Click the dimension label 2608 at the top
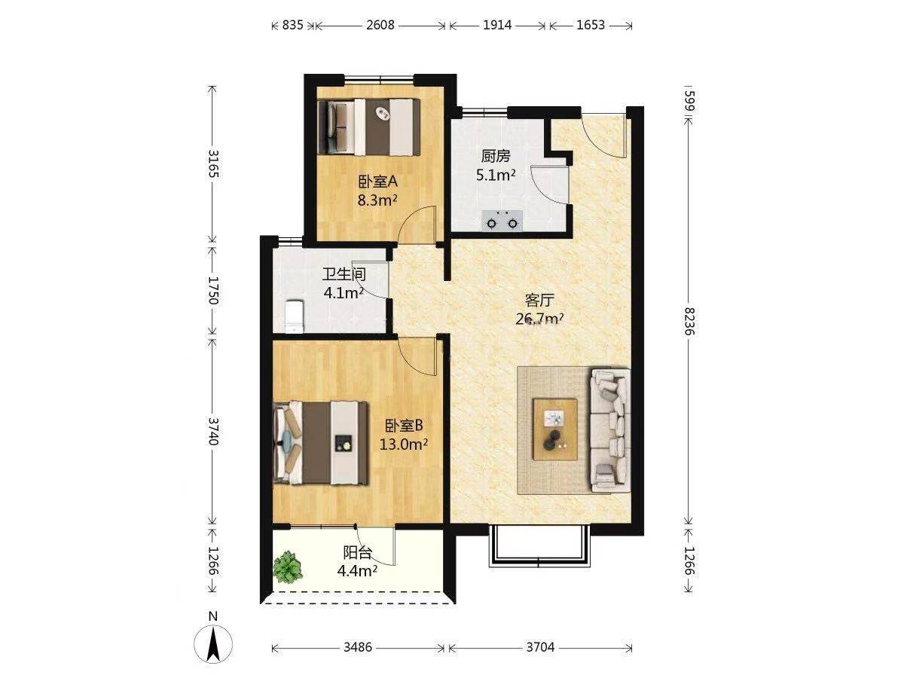click(x=380, y=26)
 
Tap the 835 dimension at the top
click(x=292, y=26)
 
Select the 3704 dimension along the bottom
click(x=540, y=648)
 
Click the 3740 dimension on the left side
click(x=212, y=432)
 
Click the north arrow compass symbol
click(x=213, y=644)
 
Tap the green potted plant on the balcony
click(x=288, y=568)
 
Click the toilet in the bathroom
click(x=295, y=316)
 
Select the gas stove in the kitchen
click(x=502, y=220)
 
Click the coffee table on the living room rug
click(x=554, y=429)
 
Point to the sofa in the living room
click(x=610, y=431)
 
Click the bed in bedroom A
click(x=369, y=127)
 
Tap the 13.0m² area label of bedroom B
click(x=404, y=444)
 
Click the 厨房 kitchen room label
click(x=496, y=156)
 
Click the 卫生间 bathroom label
click(x=344, y=274)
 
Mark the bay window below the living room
click(x=539, y=546)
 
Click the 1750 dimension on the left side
click(x=212, y=290)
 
